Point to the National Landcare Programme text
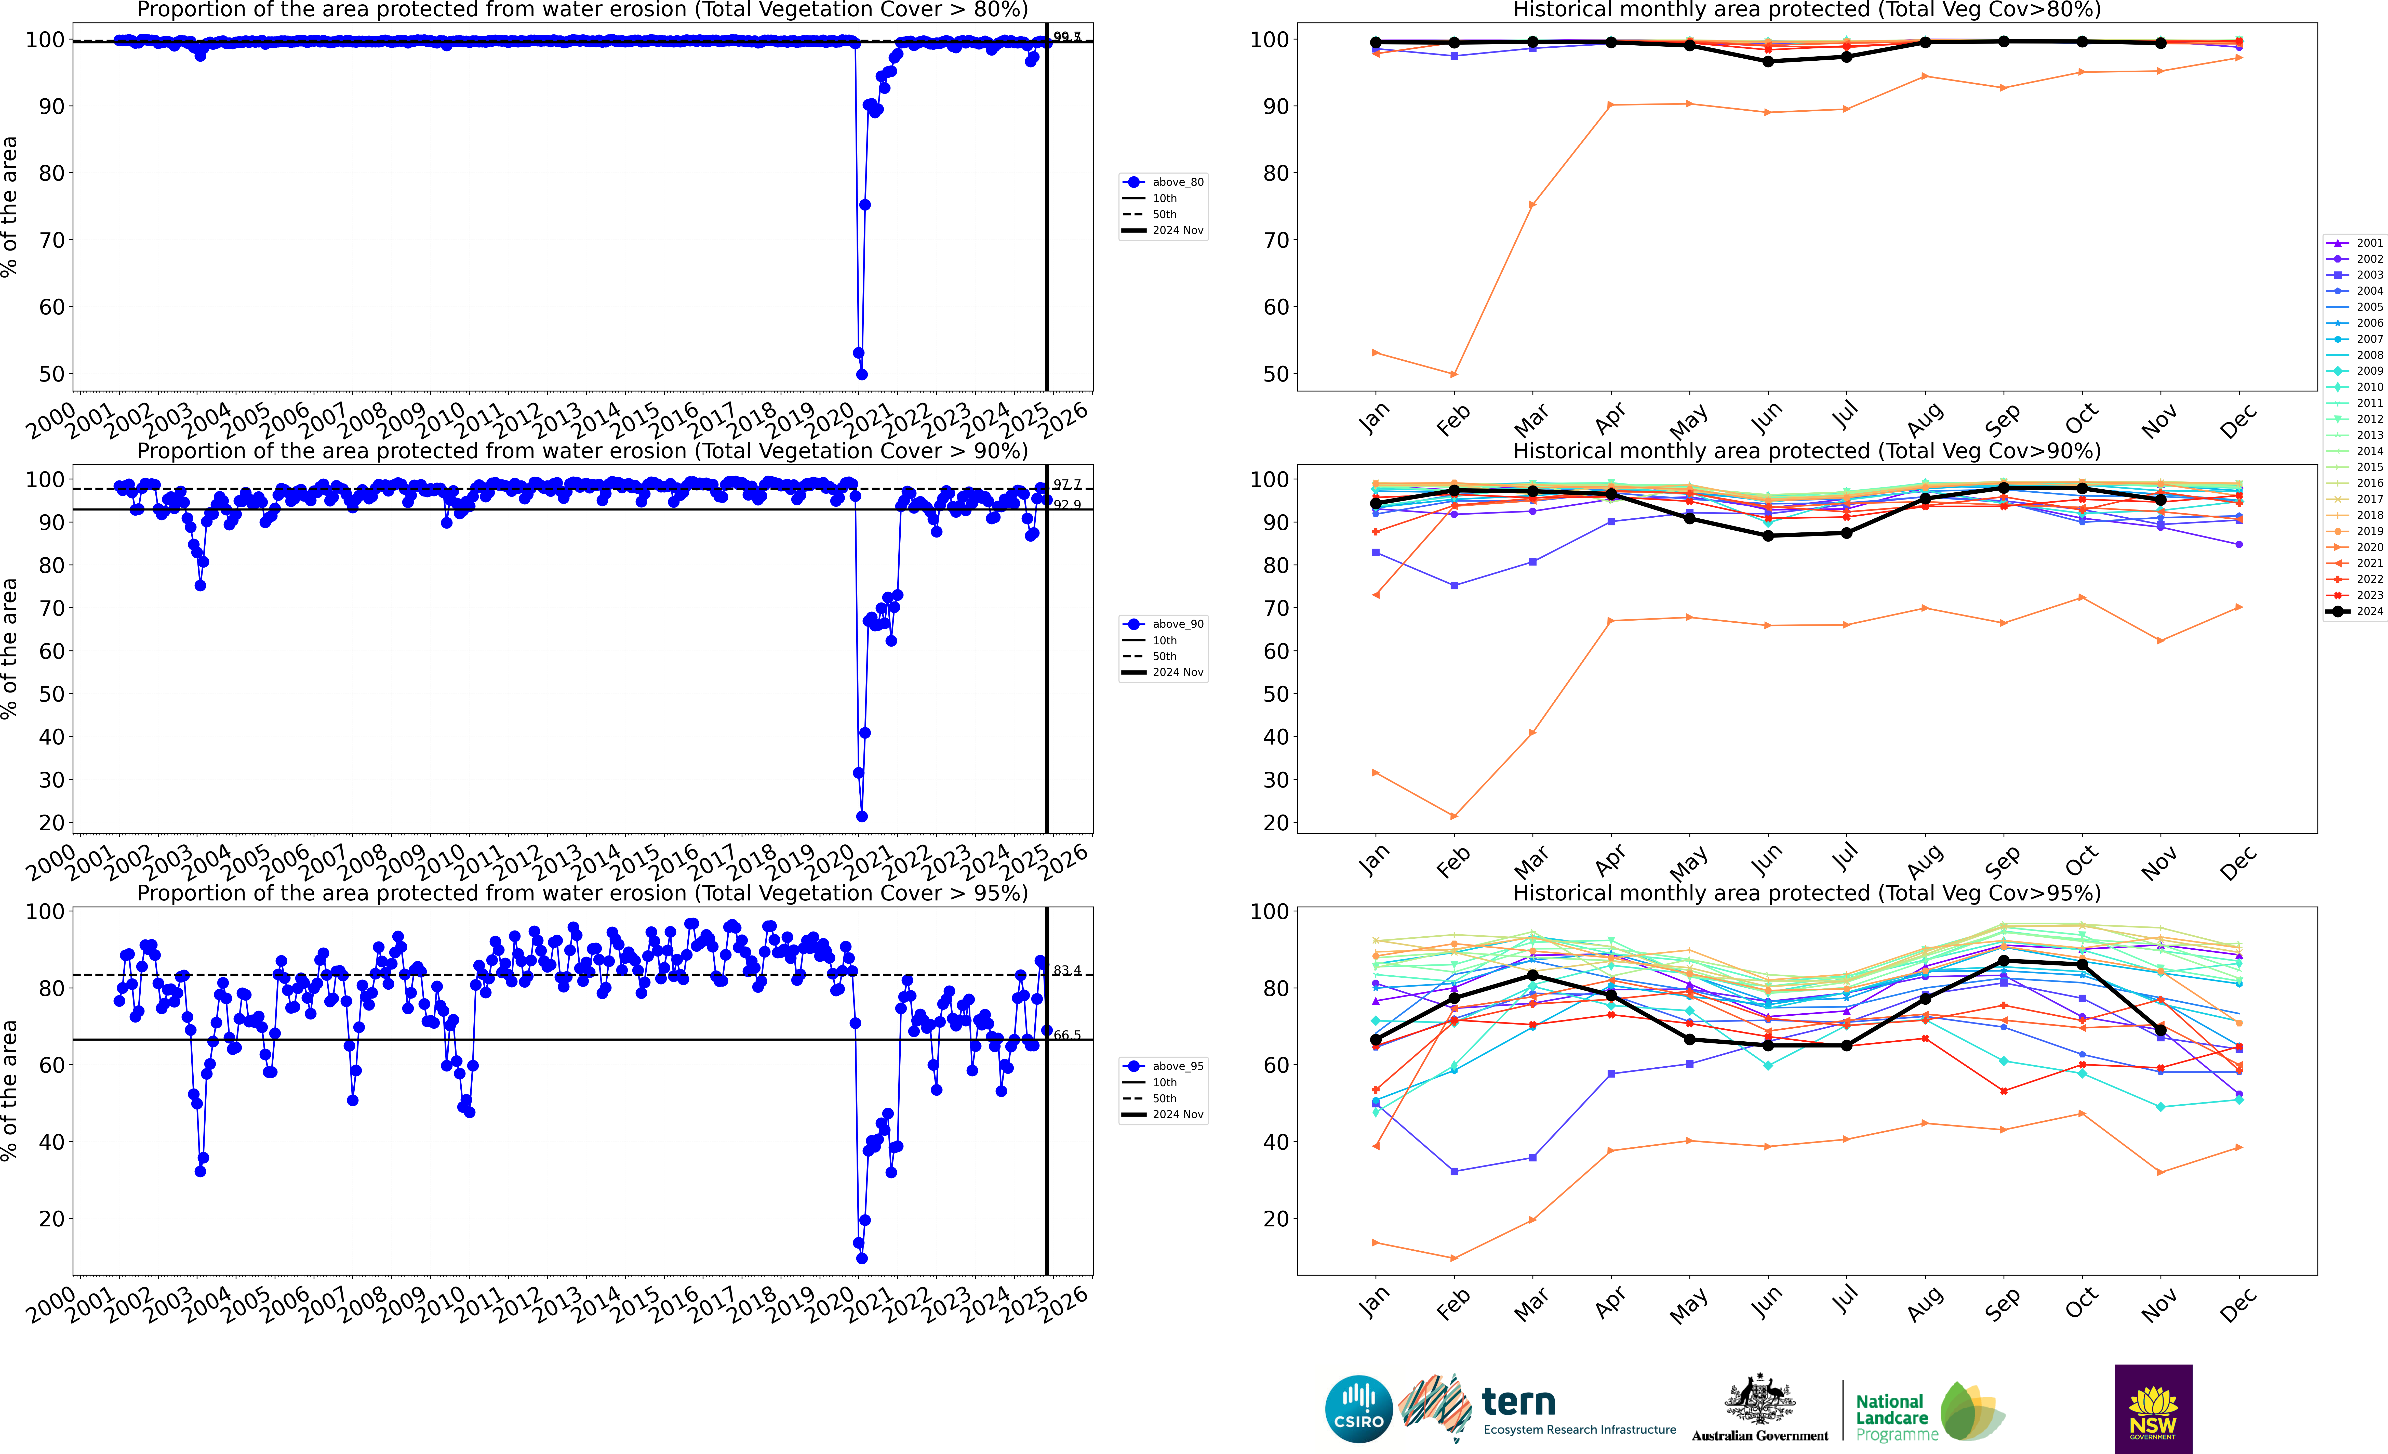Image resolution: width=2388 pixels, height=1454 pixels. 1896,1417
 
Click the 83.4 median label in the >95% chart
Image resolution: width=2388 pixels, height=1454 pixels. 1067,970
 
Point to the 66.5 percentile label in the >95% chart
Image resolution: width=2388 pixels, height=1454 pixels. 1067,1035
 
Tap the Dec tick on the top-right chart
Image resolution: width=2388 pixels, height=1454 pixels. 2238,423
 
